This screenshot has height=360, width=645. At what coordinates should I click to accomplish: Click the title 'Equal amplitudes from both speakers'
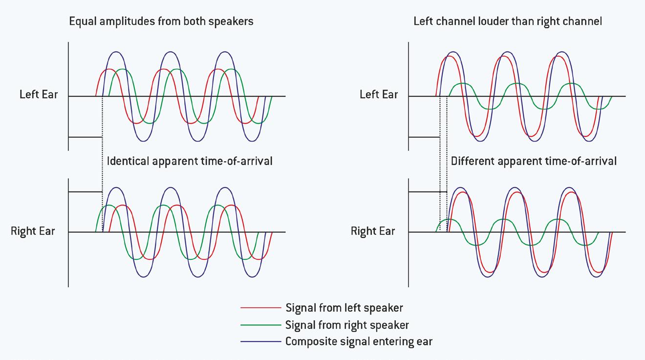161,21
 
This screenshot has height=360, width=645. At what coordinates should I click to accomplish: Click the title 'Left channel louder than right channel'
508,21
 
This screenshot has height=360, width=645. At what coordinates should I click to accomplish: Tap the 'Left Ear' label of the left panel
39,94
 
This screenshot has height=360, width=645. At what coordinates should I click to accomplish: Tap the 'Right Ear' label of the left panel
33,231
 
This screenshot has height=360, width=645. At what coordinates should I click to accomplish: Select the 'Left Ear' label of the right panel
379,94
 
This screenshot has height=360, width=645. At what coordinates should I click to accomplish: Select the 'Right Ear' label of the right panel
373,231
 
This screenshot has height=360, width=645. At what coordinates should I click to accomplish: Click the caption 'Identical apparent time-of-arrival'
190,161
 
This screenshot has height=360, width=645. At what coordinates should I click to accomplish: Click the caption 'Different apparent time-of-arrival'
534,161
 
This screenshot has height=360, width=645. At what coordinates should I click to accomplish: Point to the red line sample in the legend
260,308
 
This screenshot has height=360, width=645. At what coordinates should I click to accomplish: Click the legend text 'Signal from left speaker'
344,308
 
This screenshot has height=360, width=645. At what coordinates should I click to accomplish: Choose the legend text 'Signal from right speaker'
347,325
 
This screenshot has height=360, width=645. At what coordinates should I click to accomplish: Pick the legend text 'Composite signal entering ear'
359,341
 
